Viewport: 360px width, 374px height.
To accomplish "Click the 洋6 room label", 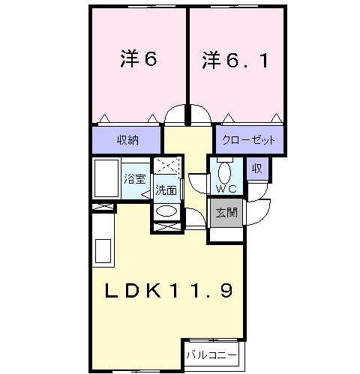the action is pyautogui.click(x=139, y=59).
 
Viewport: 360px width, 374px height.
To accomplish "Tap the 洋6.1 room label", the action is pyautogui.click(x=235, y=60).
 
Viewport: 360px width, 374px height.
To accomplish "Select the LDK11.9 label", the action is pyautogui.click(x=169, y=290).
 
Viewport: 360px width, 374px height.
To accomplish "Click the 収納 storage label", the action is pyautogui.click(x=127, y=140).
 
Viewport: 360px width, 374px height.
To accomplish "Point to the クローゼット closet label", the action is pyautogui.click(x=248, y=140).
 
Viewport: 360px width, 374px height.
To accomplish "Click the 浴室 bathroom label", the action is pyautogui.click(x=135, y=179).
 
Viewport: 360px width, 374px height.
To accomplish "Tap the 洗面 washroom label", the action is pyautogui.click(x=166, y=190).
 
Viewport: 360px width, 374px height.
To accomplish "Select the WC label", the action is pyautogui.click(x=226, y=189).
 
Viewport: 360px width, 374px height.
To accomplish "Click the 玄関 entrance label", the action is pyautogui.click(x=226, y=213).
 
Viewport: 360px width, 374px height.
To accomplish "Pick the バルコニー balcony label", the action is pyautogui.click(x=211, y=355).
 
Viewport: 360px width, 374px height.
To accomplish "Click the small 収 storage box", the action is pyautogui.click(x=257, y=169).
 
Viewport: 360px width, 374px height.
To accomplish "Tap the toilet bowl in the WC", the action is pyautogui.click(x=224, y=173).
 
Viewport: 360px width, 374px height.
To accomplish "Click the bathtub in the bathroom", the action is pyautogui.click(x=106, y=178).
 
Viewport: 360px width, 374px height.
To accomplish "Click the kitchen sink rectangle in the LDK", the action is pyautogui.click(x=103, y=251).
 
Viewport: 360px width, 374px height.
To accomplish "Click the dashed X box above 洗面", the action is pyautogui.click(x=166, y=165).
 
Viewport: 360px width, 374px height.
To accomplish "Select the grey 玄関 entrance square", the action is pyautogui.click(x=226, y=213).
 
